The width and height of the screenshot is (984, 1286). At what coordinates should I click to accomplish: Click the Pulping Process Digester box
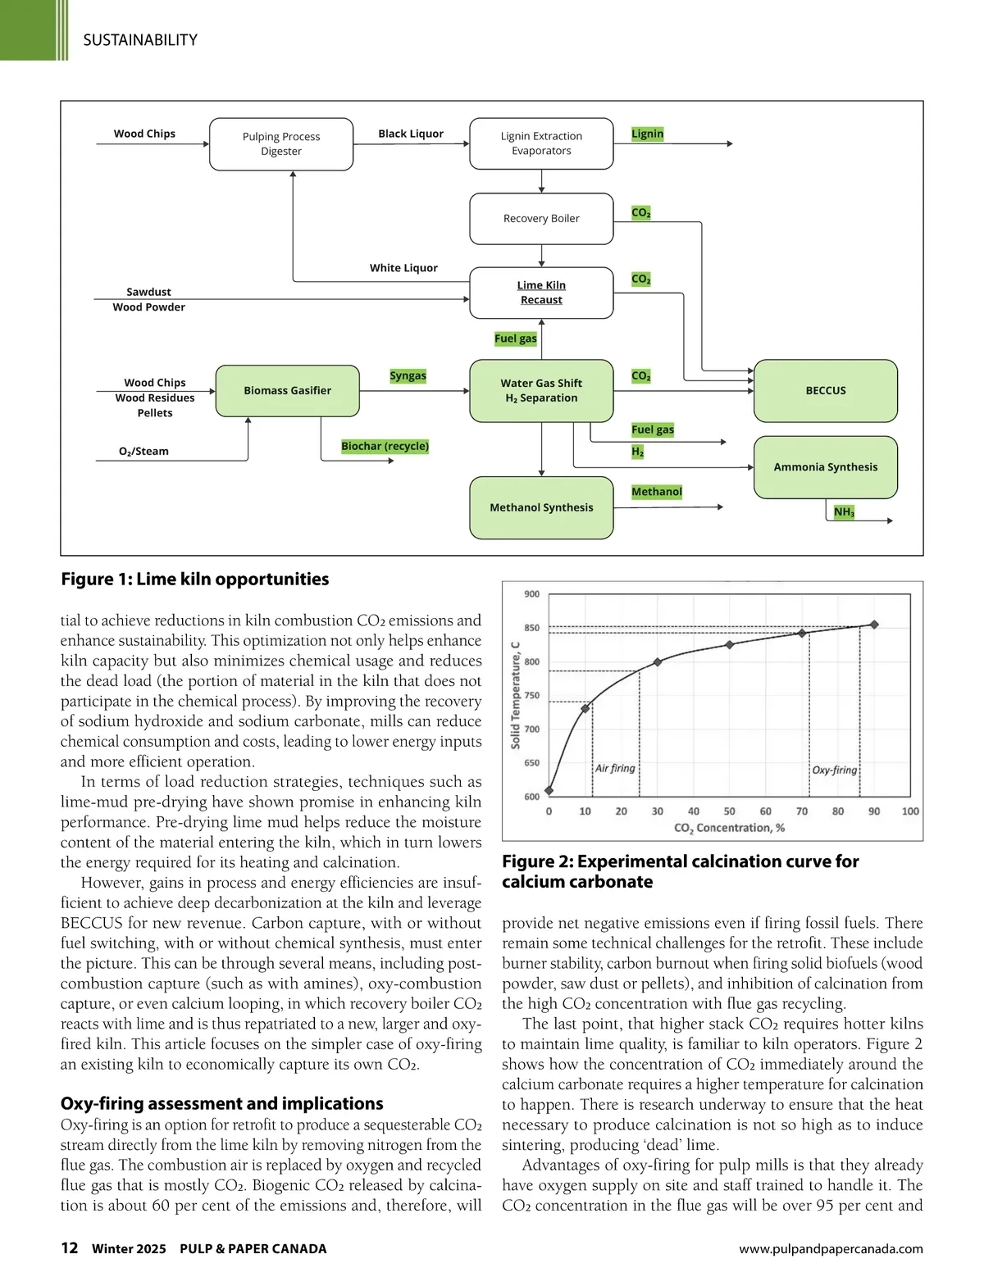click(281, 144)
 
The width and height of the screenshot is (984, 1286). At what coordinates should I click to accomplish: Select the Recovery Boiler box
click(541, 219)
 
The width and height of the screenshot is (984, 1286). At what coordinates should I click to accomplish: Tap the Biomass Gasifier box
click(287, 391)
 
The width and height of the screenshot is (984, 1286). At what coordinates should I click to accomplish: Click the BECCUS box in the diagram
click(826, 391)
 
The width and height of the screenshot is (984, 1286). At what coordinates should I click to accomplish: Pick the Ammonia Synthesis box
click(826, 467)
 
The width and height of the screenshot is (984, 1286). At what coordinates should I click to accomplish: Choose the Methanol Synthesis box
click(541, 507)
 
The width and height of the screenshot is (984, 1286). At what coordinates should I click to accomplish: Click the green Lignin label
click(647, 134)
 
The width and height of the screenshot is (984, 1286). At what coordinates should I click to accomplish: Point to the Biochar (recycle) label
click(385, 447)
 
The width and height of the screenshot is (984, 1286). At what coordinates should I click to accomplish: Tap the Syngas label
click(408, 375)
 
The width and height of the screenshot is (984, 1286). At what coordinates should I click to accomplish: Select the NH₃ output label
click(844, 512)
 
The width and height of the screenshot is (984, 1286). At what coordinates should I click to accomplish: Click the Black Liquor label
click(411, 134)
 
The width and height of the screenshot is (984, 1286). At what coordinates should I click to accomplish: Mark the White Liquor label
click(403, 268)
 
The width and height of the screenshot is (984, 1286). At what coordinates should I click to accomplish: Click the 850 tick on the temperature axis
click(532, 628)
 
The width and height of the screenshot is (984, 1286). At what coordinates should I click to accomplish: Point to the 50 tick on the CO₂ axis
click(729, 811)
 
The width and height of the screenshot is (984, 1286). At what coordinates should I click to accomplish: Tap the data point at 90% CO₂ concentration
click(874, 625)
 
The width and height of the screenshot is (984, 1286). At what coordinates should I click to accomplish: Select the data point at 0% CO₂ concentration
click(549, 791)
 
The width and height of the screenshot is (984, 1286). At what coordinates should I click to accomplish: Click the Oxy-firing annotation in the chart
click(834, 770)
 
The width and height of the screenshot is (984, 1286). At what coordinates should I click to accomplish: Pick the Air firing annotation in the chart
click(615, 768)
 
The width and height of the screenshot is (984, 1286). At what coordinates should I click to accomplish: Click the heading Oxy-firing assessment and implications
click(222, 1103)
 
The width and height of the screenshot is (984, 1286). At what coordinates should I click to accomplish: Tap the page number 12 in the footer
click(70, 1247)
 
